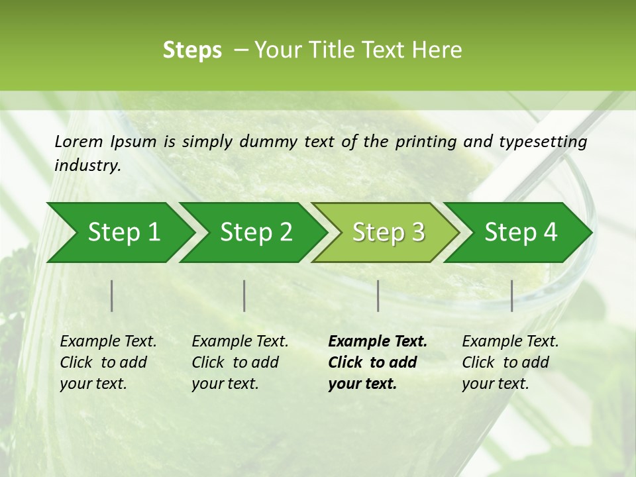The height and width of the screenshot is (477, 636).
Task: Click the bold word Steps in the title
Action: point(192,50)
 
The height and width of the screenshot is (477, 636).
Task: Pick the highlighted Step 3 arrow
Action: point(388,233)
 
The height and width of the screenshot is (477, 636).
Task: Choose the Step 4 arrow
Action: point(521,233)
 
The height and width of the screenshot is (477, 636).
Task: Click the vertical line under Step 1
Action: point(112,295)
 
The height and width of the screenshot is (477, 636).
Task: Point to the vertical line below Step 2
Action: point(244,295)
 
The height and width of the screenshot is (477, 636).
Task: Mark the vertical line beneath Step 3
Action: point(378,295)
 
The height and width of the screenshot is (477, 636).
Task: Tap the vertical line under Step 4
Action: point(511,295)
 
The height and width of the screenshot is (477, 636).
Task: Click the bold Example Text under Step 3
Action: point(378,342)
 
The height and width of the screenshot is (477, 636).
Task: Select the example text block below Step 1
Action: point(108,362)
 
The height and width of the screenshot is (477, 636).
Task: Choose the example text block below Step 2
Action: point(240,362)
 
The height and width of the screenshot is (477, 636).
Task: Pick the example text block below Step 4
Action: point(510,362)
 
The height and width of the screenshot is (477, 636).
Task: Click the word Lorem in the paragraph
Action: point(79,142)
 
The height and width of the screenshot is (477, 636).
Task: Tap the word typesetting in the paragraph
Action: point(543,142)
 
